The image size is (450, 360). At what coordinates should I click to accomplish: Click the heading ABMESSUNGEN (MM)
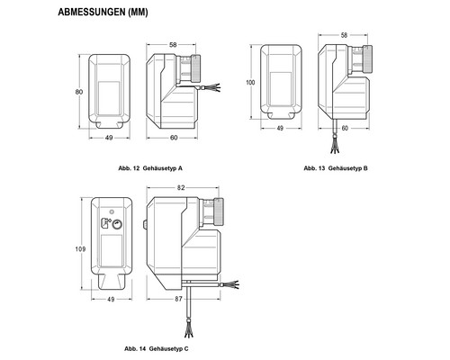click(x=103, y=12)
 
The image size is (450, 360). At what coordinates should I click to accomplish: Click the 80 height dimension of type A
click(x=79, y=92)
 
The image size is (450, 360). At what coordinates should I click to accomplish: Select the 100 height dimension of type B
click(x=250, y=82)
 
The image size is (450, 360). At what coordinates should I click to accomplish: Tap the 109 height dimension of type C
click(x=80, y=249)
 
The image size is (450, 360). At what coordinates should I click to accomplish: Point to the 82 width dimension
click(x=181, y=188)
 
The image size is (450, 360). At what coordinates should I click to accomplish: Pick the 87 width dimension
click(x=178, y=299)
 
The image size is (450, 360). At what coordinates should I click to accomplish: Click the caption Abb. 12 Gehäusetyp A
click(x=150, y=168)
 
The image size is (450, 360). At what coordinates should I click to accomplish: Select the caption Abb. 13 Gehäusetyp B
click(x=336, y=168)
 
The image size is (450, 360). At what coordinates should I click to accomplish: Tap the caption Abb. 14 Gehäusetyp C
click(x=157, y=349)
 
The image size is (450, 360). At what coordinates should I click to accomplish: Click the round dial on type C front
click(x=118, y=224)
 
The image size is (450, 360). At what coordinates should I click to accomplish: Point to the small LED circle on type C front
click(x=112, y=211)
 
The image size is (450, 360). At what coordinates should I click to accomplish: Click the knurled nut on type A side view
click(x=196, y=68)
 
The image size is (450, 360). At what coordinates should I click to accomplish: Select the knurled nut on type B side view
click(x=368, y=59)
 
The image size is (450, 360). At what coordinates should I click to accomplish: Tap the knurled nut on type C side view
click(x=218, y=211)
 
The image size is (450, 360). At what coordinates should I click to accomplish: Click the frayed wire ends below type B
click(x=335, y=147)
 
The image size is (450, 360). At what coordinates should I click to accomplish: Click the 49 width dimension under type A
click(x=109, y=138)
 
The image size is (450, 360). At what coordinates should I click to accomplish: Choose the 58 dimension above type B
click(x=344, y=35)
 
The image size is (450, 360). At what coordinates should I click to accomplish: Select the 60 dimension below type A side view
click(x=174, y=138)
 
